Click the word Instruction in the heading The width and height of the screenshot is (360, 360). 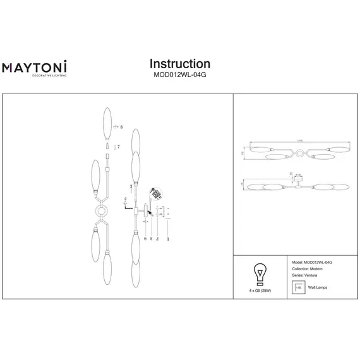180,64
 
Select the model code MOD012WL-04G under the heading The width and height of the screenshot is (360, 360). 180,76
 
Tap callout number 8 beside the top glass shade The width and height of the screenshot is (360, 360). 121,127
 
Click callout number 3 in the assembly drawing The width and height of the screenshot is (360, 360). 129,187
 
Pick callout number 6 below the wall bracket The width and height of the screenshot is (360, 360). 145,239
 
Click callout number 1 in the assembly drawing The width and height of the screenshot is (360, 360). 167,239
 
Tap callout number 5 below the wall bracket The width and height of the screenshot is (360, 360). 150,239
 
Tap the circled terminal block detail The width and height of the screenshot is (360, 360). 155,193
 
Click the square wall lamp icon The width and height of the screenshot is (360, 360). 296,288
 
